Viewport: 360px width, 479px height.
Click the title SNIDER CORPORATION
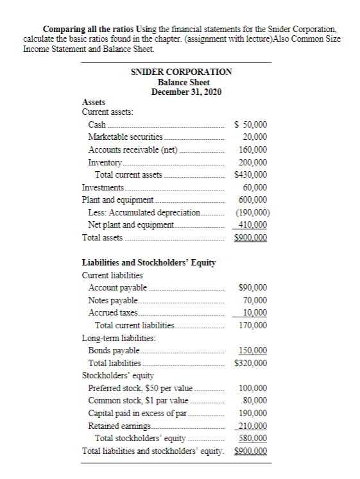coord(182,72)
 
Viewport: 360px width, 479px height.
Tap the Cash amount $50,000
coord(252,124)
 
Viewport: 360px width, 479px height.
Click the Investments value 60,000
coord(255,187)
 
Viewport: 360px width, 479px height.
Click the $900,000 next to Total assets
coord(252,237)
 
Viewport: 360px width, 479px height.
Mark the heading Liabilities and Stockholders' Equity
coord(149,262)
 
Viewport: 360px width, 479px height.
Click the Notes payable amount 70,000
coord(255,299)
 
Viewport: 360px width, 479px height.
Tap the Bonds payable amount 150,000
coord(253,350)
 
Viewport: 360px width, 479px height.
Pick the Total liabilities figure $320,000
coord(252,363)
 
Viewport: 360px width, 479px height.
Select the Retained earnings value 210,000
coord(253,426)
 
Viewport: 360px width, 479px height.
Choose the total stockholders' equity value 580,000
coord(253,438)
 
